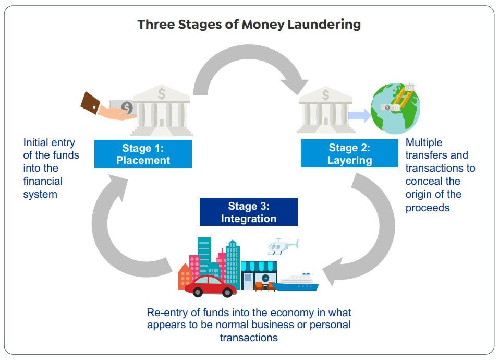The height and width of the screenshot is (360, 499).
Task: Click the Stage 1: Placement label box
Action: (143, 154)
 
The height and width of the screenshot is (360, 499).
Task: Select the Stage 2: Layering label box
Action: (349, 154)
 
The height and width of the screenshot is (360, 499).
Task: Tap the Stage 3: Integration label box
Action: (248, 212)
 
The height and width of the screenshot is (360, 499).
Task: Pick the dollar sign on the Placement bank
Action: (162, 94)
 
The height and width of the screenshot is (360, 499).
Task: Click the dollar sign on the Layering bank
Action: (326, 95)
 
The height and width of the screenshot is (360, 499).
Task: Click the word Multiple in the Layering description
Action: (423, 142)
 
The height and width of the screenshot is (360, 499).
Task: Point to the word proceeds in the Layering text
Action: (428, 208)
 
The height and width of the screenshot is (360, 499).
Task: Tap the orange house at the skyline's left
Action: (185, 277)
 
